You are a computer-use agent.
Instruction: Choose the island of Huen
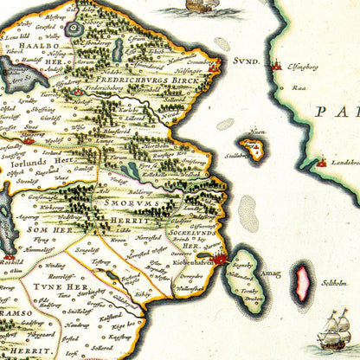[254, 148]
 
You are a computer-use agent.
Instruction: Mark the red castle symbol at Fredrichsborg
[81, 88]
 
